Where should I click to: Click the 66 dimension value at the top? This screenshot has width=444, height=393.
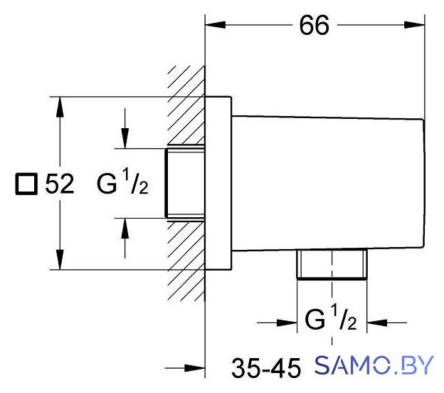314,25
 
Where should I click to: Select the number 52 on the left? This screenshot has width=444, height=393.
60,184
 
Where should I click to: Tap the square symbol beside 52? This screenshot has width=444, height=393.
26,184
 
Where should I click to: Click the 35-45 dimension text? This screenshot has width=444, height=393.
266,368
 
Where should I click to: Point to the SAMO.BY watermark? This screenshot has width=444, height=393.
374,365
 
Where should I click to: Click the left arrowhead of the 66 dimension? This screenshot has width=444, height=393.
215,25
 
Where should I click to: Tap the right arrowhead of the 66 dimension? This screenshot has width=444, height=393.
415,25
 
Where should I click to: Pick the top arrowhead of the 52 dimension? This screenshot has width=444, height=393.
60,107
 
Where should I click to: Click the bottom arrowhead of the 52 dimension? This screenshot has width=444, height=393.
60,259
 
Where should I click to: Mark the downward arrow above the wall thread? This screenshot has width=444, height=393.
125,128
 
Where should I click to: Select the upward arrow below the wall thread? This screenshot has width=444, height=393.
125,238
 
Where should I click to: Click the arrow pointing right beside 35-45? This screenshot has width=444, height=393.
185,368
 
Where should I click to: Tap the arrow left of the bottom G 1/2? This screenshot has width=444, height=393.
277,323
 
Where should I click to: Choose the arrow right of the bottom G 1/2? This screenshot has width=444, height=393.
386,323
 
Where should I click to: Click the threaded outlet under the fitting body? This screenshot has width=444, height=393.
332,264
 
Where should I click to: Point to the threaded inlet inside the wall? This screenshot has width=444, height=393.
185,183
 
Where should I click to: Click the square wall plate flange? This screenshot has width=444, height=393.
218,183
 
